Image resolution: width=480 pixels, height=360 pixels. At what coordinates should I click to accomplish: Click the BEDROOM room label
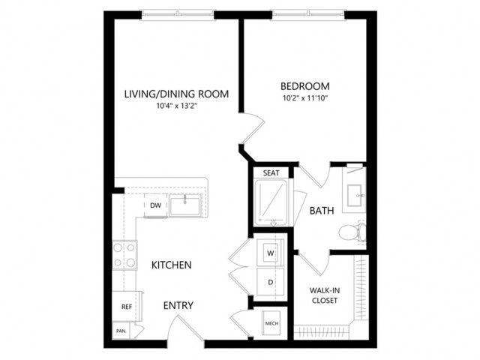tap(305, 86)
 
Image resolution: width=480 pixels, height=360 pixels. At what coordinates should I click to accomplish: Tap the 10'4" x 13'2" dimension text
tap(176, 106)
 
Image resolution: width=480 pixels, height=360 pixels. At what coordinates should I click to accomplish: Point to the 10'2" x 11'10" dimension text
tap(305, 98)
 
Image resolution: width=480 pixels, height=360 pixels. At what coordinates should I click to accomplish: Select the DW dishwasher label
tap(155, 205)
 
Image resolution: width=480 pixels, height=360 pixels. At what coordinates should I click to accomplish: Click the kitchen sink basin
tap(185, 206)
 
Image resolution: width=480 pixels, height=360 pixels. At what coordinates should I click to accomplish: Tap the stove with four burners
tap(124, 255)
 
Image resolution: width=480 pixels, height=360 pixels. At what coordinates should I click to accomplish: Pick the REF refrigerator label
tap(127, 307)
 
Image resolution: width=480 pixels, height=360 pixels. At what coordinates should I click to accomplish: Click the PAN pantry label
tap(121, 331)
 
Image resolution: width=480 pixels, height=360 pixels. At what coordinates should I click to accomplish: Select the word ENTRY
tap(178, 305)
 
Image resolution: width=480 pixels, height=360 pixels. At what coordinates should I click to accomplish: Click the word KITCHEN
tap(172, 265)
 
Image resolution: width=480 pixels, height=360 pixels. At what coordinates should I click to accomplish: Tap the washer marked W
tap(270, 253)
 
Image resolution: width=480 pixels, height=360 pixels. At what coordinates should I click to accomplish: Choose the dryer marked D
tap(270, 282)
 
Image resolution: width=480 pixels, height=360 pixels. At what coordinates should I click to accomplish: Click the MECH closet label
tap(271, 323)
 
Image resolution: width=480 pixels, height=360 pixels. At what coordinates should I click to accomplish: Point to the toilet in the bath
tap(352, 233)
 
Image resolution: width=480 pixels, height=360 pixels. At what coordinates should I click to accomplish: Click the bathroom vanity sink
tap(355, 195)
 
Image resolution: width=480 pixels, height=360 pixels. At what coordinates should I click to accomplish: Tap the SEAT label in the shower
tap(271, 173)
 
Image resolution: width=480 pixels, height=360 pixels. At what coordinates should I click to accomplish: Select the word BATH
tap(322, 211)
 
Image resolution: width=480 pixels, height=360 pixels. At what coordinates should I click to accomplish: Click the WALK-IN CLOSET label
tap(325, 295)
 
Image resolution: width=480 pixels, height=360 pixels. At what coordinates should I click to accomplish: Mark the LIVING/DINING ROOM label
tap(177, 94)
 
